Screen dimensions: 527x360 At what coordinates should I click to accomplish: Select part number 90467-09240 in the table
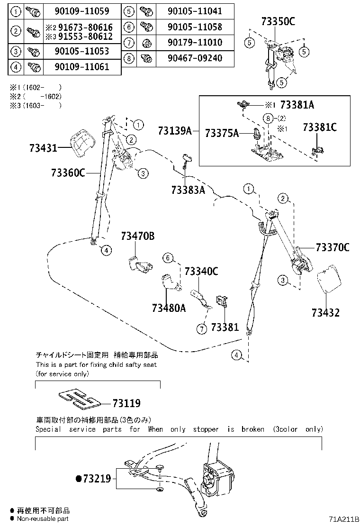pos(195,58)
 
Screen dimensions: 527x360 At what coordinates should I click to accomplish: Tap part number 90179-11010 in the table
pos(195,42)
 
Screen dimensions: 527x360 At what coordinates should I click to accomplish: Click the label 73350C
pos(278,21)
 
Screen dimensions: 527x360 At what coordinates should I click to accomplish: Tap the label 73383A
pos(188,190)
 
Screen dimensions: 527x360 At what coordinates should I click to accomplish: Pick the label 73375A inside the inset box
pos(222,134)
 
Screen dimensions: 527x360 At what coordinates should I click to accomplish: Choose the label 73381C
pos(320,127)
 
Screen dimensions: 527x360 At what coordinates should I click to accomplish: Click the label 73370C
pos(333,247)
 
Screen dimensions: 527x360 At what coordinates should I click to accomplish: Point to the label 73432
pos(325,313)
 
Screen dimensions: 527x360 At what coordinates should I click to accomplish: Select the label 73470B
pos(138,236)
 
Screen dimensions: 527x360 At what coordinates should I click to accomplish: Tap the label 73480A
pos(169,308)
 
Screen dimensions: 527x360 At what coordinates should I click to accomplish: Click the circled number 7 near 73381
pos(202,328)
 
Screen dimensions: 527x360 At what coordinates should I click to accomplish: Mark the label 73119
pos(126,403)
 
